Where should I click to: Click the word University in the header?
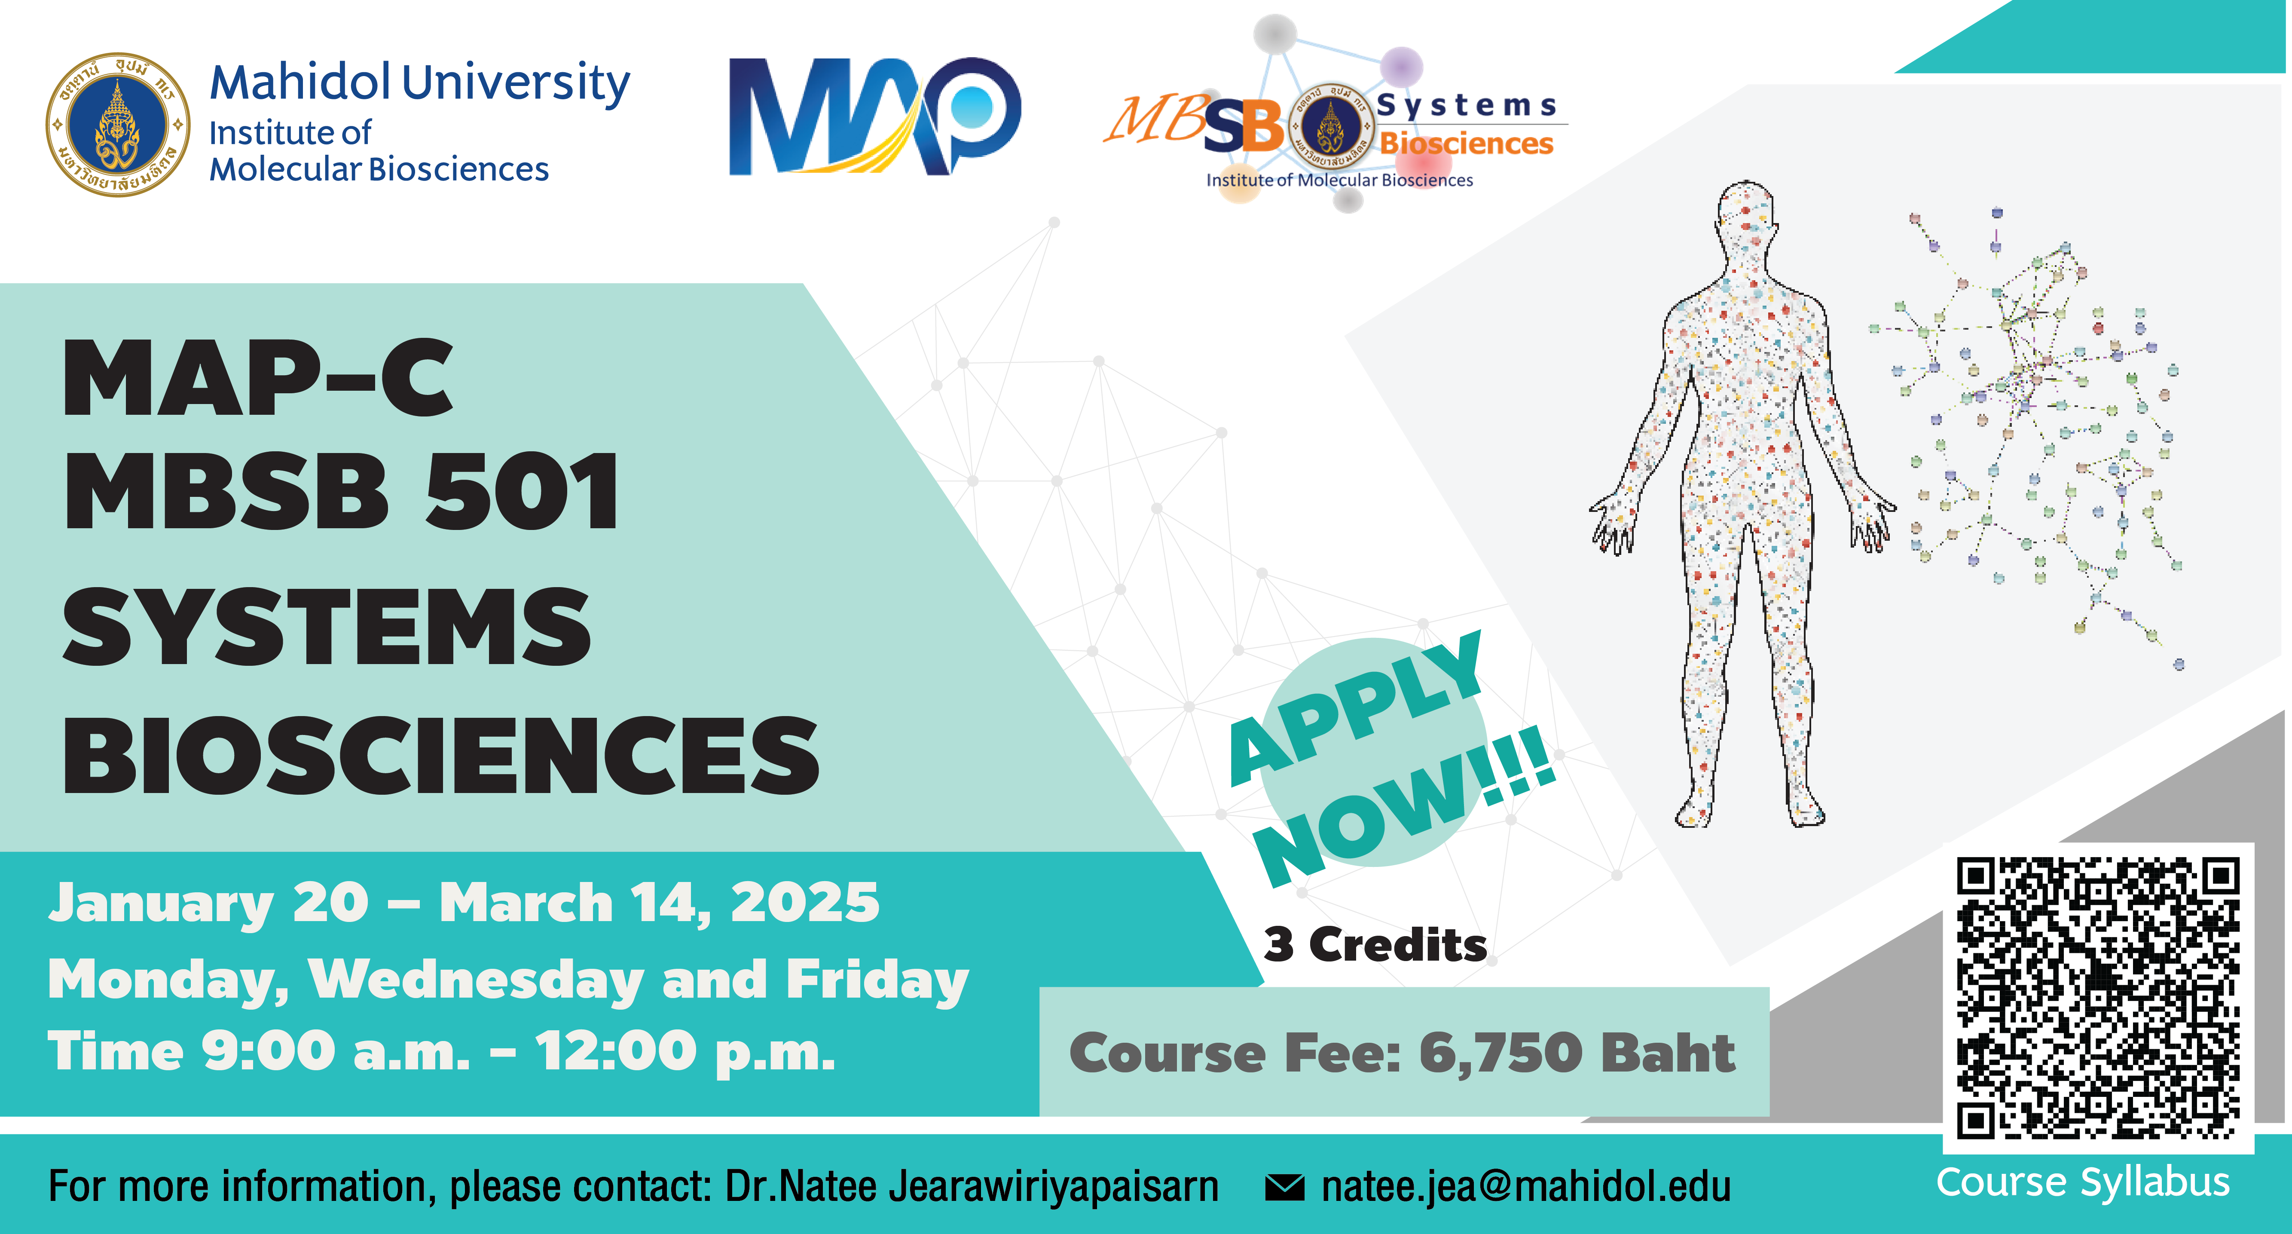point(516,84)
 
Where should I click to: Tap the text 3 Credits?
point(1375,944)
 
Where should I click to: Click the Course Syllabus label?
point(2083,1182)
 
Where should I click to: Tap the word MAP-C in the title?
point(258,378)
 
